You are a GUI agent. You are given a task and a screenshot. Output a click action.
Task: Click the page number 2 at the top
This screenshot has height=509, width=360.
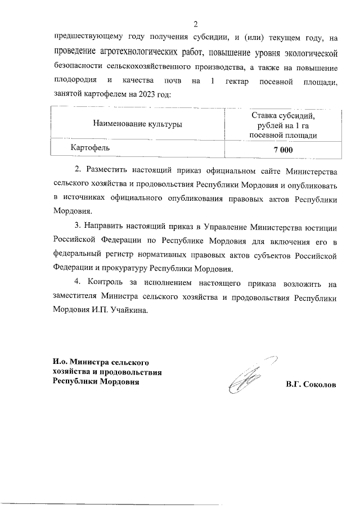tap(195, 24)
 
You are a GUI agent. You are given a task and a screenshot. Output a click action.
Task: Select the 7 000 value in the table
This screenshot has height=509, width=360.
tap(283, 149)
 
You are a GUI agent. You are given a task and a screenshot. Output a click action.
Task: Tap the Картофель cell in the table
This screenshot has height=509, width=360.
tap(90, 147)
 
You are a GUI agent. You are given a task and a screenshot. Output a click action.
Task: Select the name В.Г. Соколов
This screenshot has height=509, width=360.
tap(311, 385)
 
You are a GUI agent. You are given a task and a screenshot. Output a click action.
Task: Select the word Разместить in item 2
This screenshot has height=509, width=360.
tap(105, 170)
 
